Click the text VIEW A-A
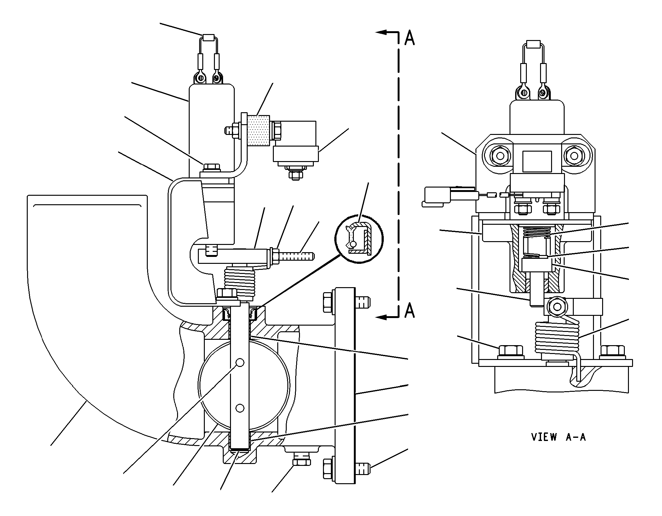click(x=558, y=437)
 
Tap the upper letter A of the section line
click(x=409, y=38)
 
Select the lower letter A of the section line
click(x=409, y=310)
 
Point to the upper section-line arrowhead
click(x=381, y=32)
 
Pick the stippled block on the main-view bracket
click(x=258, y=130)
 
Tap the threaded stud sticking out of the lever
click(x=296, y=255)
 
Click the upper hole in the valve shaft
click(x=240, y=363)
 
